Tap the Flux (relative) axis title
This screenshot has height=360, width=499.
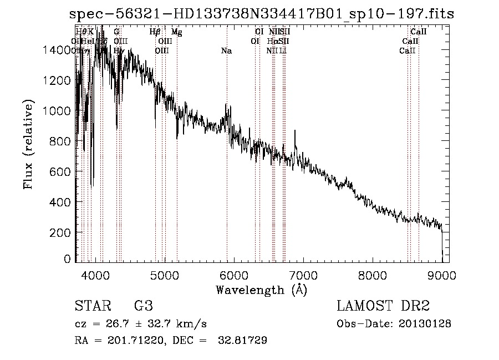tap(28, 144)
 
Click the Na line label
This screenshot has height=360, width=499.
tap(226, 51)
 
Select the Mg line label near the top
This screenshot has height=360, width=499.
tap(176, 32)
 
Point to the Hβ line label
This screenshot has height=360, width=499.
tap(155, 32)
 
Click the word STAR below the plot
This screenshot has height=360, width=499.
tap(92, 306)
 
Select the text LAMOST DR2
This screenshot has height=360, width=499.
tap(383, 306)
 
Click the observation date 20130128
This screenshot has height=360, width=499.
tap(427, 323)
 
